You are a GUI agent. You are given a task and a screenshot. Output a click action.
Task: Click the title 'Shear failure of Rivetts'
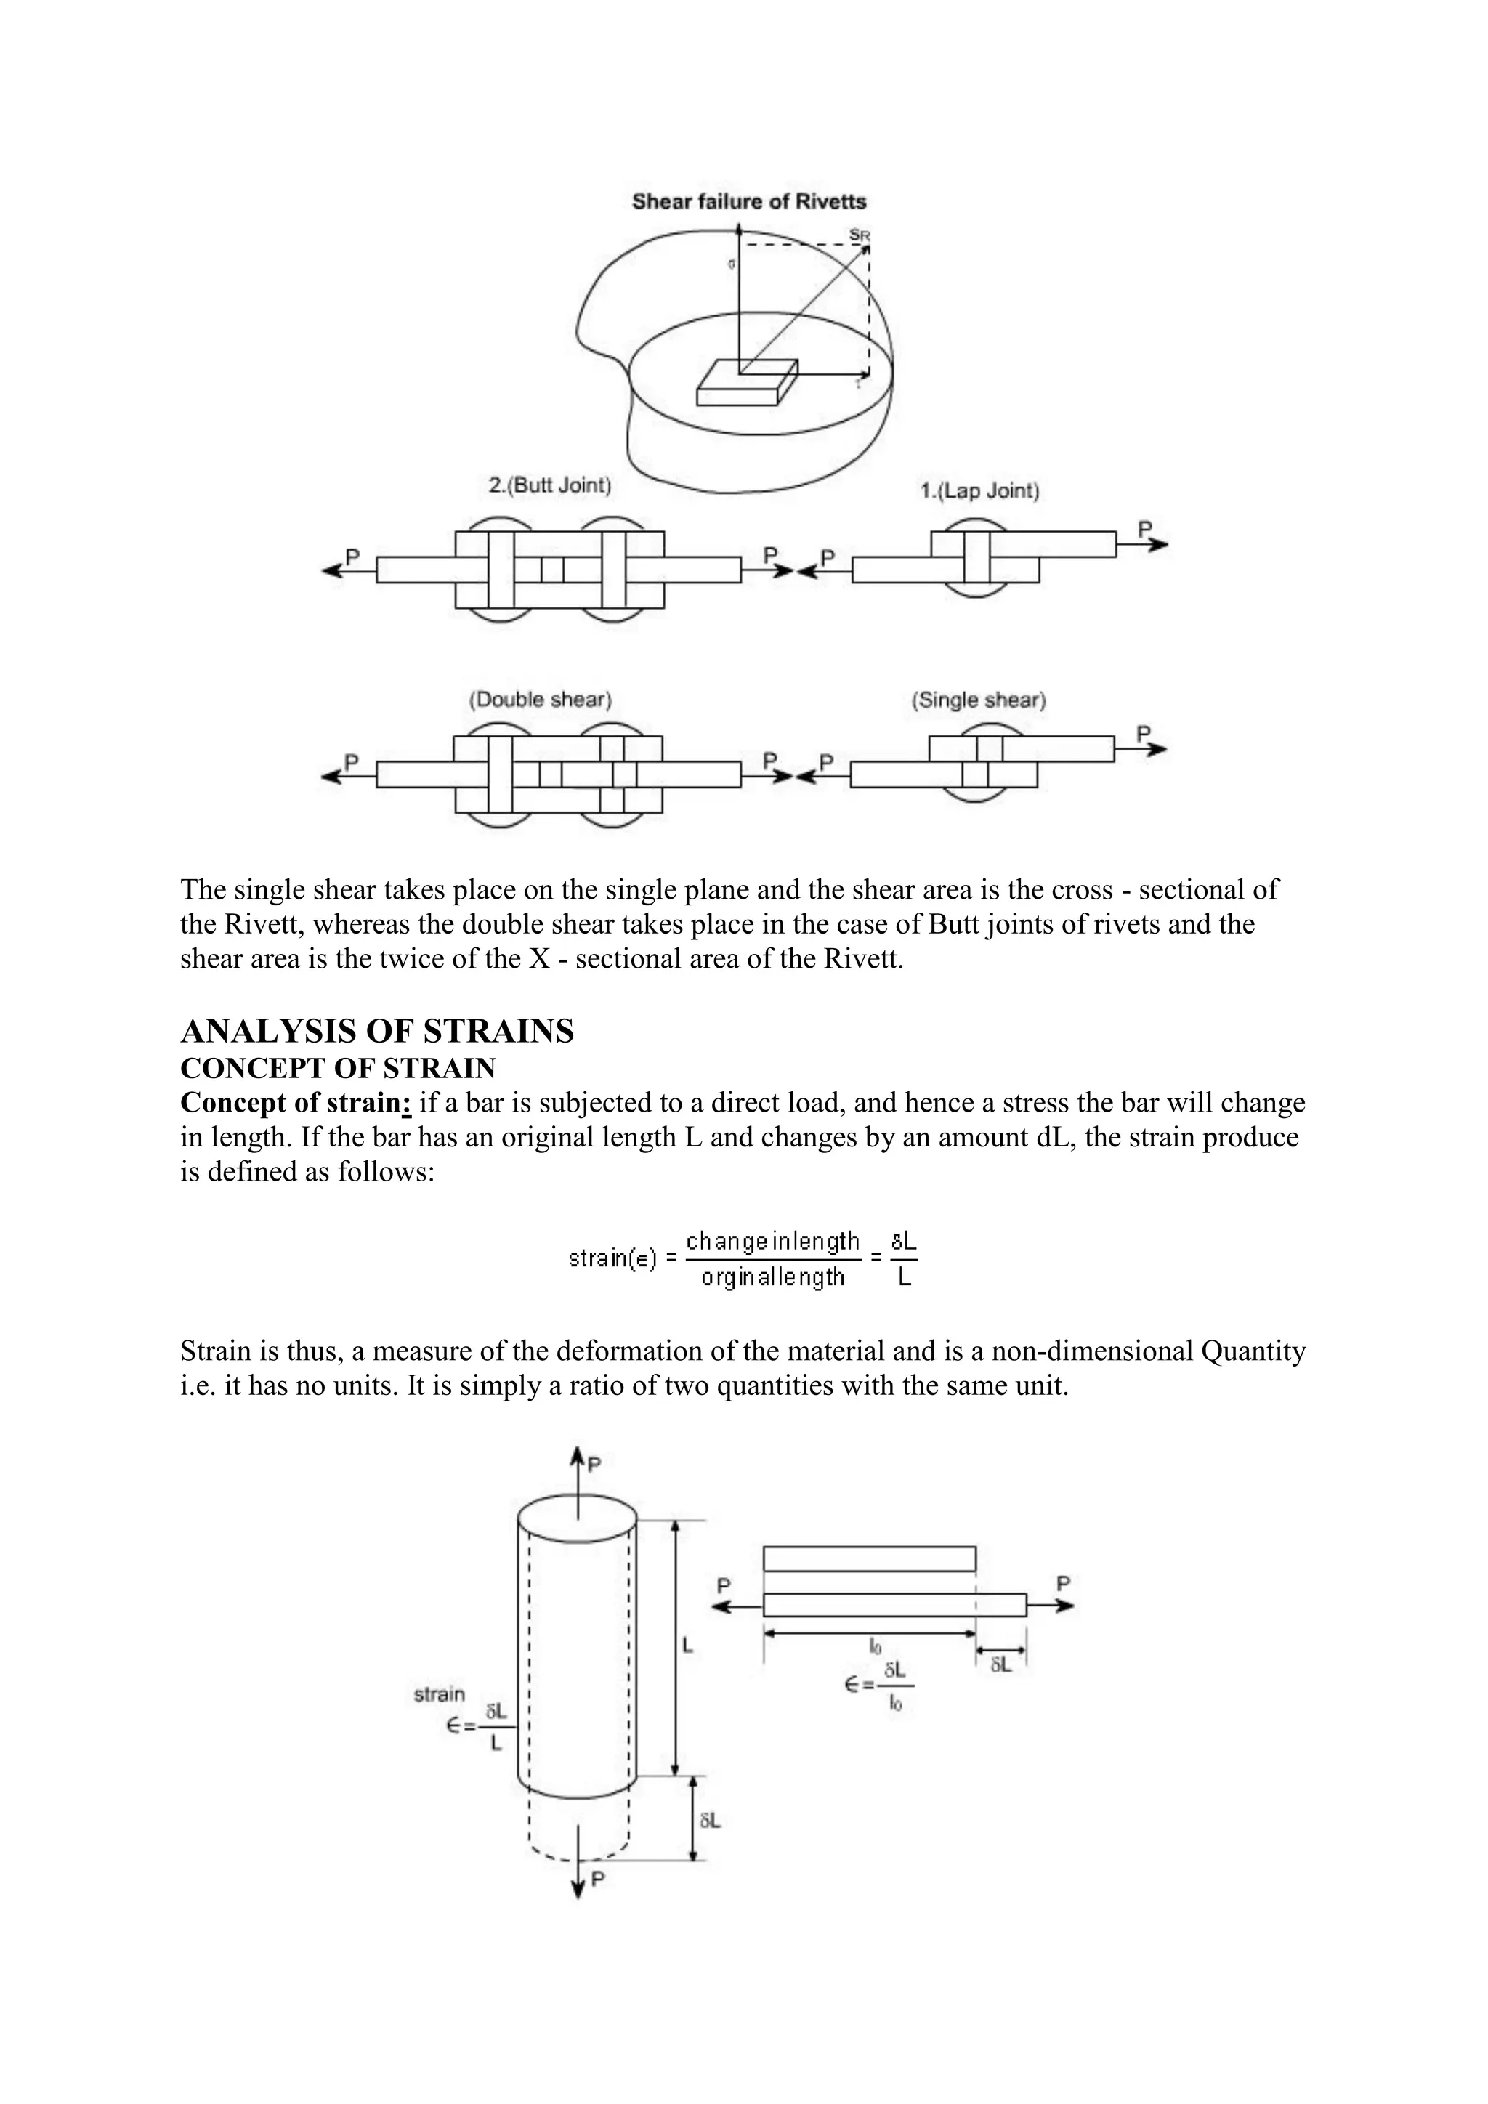748,201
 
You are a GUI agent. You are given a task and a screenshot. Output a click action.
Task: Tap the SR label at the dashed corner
859,235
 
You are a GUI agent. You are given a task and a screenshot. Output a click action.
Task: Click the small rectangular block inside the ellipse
746,383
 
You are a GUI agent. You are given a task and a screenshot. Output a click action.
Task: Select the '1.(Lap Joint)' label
979,491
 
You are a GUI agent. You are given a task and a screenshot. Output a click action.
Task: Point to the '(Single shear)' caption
978,700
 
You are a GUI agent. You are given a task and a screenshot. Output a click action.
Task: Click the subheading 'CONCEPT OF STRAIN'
337,1069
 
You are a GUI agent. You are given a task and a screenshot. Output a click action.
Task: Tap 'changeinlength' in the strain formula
772,1242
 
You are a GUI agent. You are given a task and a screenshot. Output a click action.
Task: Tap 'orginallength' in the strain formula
772,1276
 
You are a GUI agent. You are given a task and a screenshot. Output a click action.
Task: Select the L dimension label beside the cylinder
687,1646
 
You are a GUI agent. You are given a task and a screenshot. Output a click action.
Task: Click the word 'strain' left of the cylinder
439,1694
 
